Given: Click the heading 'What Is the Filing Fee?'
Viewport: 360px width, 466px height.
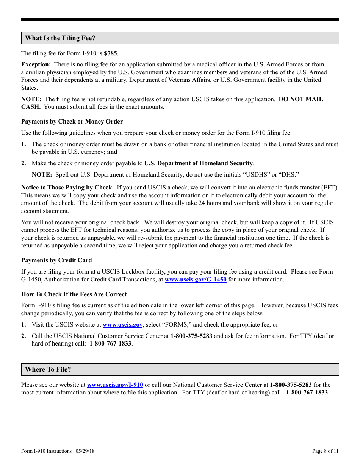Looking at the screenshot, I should pos(60,38).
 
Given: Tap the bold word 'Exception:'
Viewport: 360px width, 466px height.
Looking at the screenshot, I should pos(36,64).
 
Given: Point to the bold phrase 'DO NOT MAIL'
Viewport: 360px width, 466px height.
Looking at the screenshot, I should pos(301,99).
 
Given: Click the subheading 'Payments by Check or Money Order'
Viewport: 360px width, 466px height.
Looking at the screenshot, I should pos(72,122).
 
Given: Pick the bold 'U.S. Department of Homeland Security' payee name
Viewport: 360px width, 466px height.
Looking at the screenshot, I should pos(199,163).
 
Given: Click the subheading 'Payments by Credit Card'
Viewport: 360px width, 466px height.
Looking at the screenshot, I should pos(56,260).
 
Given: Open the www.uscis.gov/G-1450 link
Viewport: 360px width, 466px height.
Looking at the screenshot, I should pos(196,280).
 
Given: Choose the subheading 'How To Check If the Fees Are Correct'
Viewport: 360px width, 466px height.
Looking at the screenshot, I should pos(74,294).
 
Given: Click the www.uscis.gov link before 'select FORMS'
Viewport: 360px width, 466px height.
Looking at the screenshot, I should pos(122,325).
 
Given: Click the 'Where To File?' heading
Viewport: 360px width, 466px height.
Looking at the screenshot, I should pos(48,369).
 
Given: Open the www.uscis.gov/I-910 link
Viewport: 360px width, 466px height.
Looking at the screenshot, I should pos(115,385).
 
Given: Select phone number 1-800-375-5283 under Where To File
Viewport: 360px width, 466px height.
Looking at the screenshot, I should pos(291,385).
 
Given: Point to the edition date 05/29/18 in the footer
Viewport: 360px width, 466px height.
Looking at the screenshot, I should pos(85,451).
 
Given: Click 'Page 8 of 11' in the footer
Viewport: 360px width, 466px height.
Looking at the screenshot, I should pos(325,451).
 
